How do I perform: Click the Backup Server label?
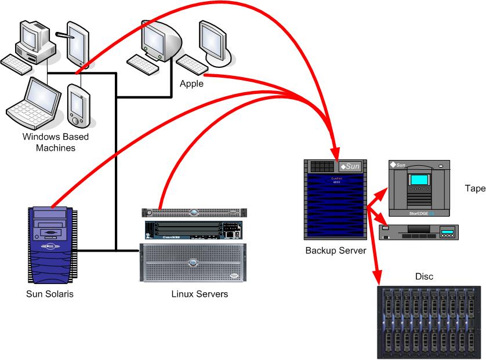(336, 251)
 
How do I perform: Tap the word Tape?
(474, 188)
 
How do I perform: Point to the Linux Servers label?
(200, 294)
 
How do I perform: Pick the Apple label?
(191, 83)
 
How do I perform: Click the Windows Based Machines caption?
(49, 143)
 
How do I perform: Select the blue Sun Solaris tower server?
(51, 243)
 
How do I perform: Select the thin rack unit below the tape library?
(418, 233)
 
